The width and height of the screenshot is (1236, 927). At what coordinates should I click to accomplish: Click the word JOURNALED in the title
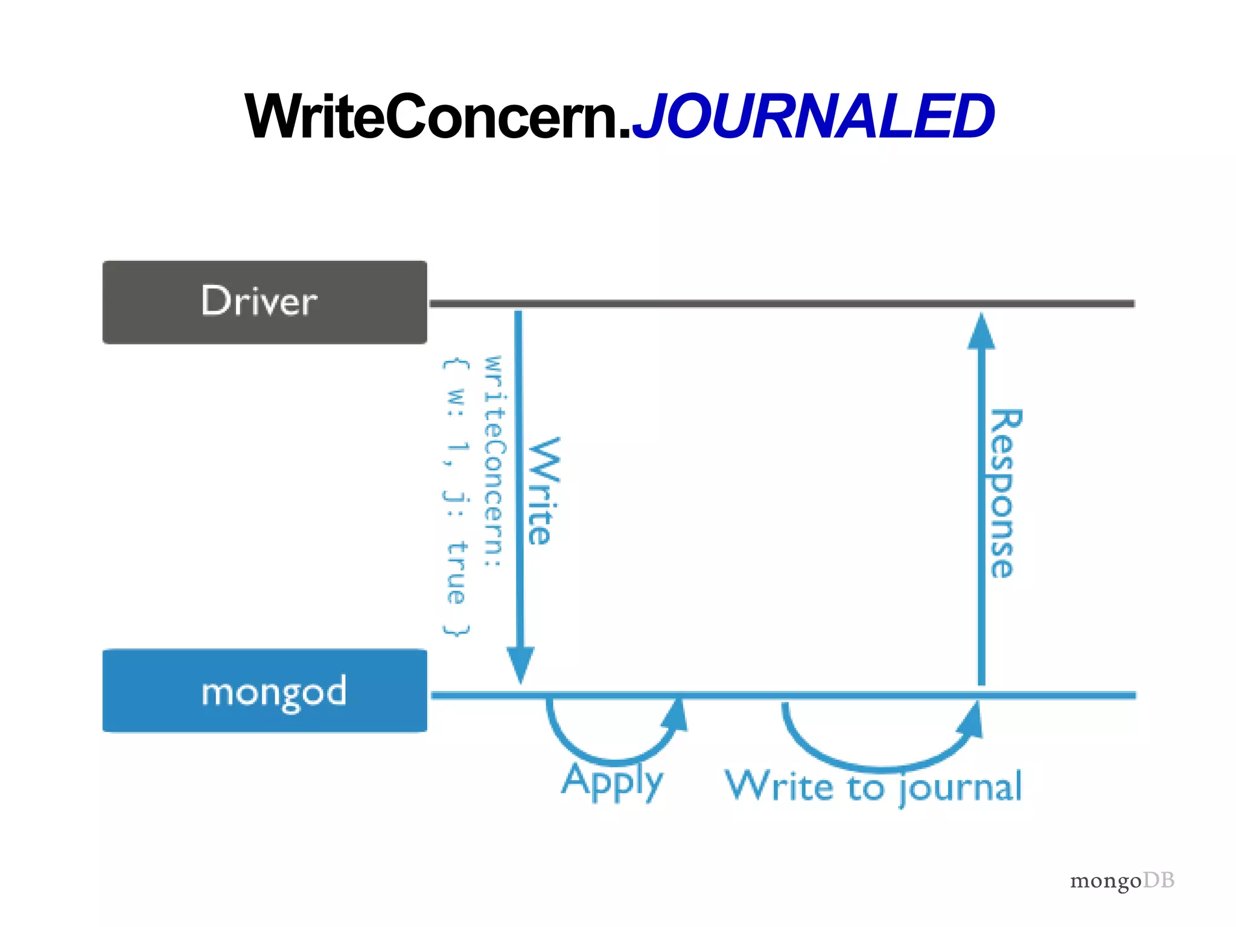click(812, 116)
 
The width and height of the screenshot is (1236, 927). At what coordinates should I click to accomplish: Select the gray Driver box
click(264, 302)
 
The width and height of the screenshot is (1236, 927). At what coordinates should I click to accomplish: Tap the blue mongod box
click(264, 690)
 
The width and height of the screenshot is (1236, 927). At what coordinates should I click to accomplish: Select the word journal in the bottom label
click(960, 787)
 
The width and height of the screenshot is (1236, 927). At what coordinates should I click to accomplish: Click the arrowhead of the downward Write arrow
click(520, 664)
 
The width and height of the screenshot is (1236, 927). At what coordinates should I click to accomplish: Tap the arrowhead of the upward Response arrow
click(981, 332)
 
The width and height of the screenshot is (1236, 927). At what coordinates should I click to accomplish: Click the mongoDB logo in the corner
click(1121, 881)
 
